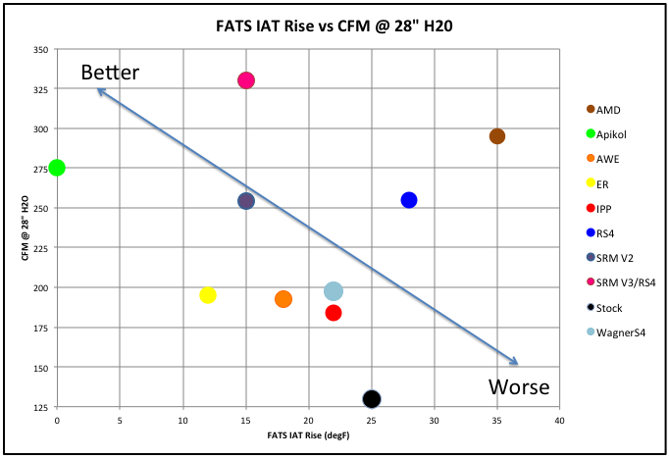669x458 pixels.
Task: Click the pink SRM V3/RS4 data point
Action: (246, 80)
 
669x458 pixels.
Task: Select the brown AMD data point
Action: (497, 136)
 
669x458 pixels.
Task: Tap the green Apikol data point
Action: (57, 168)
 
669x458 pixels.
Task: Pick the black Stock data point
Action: (372, 398)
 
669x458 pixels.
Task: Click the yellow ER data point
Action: (208, 295)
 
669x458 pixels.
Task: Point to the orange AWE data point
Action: (283, 299)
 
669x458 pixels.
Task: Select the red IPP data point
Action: (334, 313)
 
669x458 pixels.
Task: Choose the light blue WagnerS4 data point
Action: (334, 291)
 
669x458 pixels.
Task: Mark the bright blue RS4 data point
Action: (409, 200)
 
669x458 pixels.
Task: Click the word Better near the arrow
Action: (110, 73)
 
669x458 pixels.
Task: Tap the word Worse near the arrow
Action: (518, 386)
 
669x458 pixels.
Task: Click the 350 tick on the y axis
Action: (38, 49)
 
